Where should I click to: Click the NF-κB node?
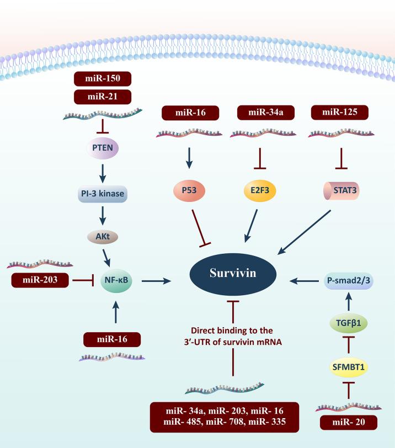point(116,280)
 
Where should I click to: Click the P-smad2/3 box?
point(348,280)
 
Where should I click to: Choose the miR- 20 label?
point(349,423)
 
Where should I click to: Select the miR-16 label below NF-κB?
point(112,339)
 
